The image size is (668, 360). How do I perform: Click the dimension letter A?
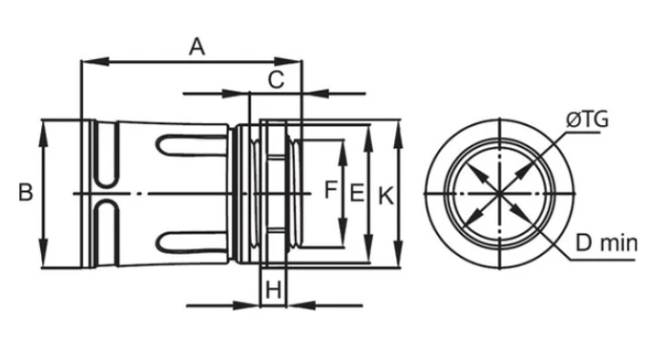(197, 47)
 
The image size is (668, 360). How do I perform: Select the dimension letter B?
(26, 192)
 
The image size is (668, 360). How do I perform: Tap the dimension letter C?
(276, 80)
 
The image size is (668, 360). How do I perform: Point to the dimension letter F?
(331, 189)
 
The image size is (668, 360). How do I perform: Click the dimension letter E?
(357, 192)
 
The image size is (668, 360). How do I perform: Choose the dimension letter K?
(386, 196)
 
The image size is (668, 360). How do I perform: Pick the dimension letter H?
(273, 290)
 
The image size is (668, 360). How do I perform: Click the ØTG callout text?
(588, 120)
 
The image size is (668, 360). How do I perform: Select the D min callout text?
(606, 244)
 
